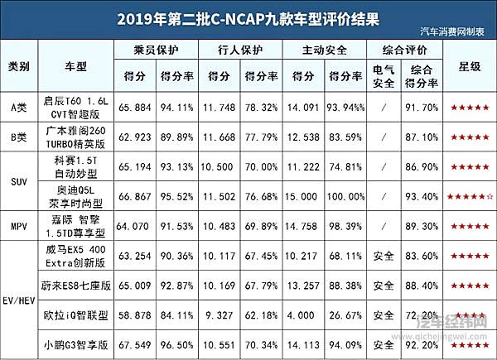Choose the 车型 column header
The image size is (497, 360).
(81, 65)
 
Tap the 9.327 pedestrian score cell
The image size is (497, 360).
(221, 315)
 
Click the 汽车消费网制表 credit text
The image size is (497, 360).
(461, 31)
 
